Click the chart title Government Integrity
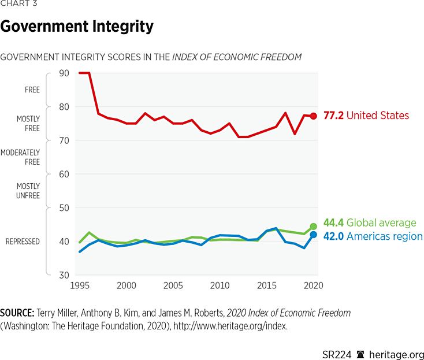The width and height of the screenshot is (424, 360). coord(77,27)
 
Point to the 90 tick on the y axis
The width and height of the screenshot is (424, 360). coord(64,73)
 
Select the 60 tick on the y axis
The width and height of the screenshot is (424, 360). coord(64,174)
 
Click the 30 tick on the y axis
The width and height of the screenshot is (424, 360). coord(64,275)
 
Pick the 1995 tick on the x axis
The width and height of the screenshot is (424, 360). coord(79,285)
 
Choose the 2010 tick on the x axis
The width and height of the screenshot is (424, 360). coord(219,285)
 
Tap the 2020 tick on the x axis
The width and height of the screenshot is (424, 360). coord(313,285)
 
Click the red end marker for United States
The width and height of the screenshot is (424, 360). coord(313,116)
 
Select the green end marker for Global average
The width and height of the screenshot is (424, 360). coord(313,227)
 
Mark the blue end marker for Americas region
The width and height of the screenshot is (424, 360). coord(313,235)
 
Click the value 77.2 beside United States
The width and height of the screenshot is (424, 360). coord(333,116)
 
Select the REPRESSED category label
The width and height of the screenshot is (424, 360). coord(23,242)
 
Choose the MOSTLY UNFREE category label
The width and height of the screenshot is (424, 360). coord(28,191)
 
